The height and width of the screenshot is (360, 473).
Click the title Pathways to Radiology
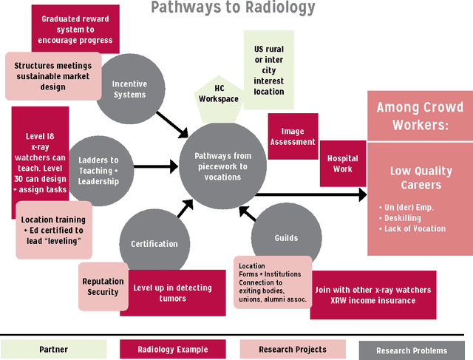[233, 9]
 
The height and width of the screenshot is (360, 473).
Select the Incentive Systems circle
[129, 89]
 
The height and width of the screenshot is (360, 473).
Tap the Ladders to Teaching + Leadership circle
[99, 171]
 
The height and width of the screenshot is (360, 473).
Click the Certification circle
[154, 243]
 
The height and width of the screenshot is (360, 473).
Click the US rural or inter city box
[268, 70]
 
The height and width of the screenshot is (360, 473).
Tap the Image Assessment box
[293, 136]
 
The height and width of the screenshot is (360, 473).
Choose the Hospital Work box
[342, 163]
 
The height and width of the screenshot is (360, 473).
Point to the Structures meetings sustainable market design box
[53, 76]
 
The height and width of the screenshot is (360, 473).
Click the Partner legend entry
[53, 349]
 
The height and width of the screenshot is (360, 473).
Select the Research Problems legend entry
[411, 350]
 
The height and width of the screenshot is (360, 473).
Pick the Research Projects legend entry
[293, 349]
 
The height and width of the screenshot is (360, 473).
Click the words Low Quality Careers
[421, 177]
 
